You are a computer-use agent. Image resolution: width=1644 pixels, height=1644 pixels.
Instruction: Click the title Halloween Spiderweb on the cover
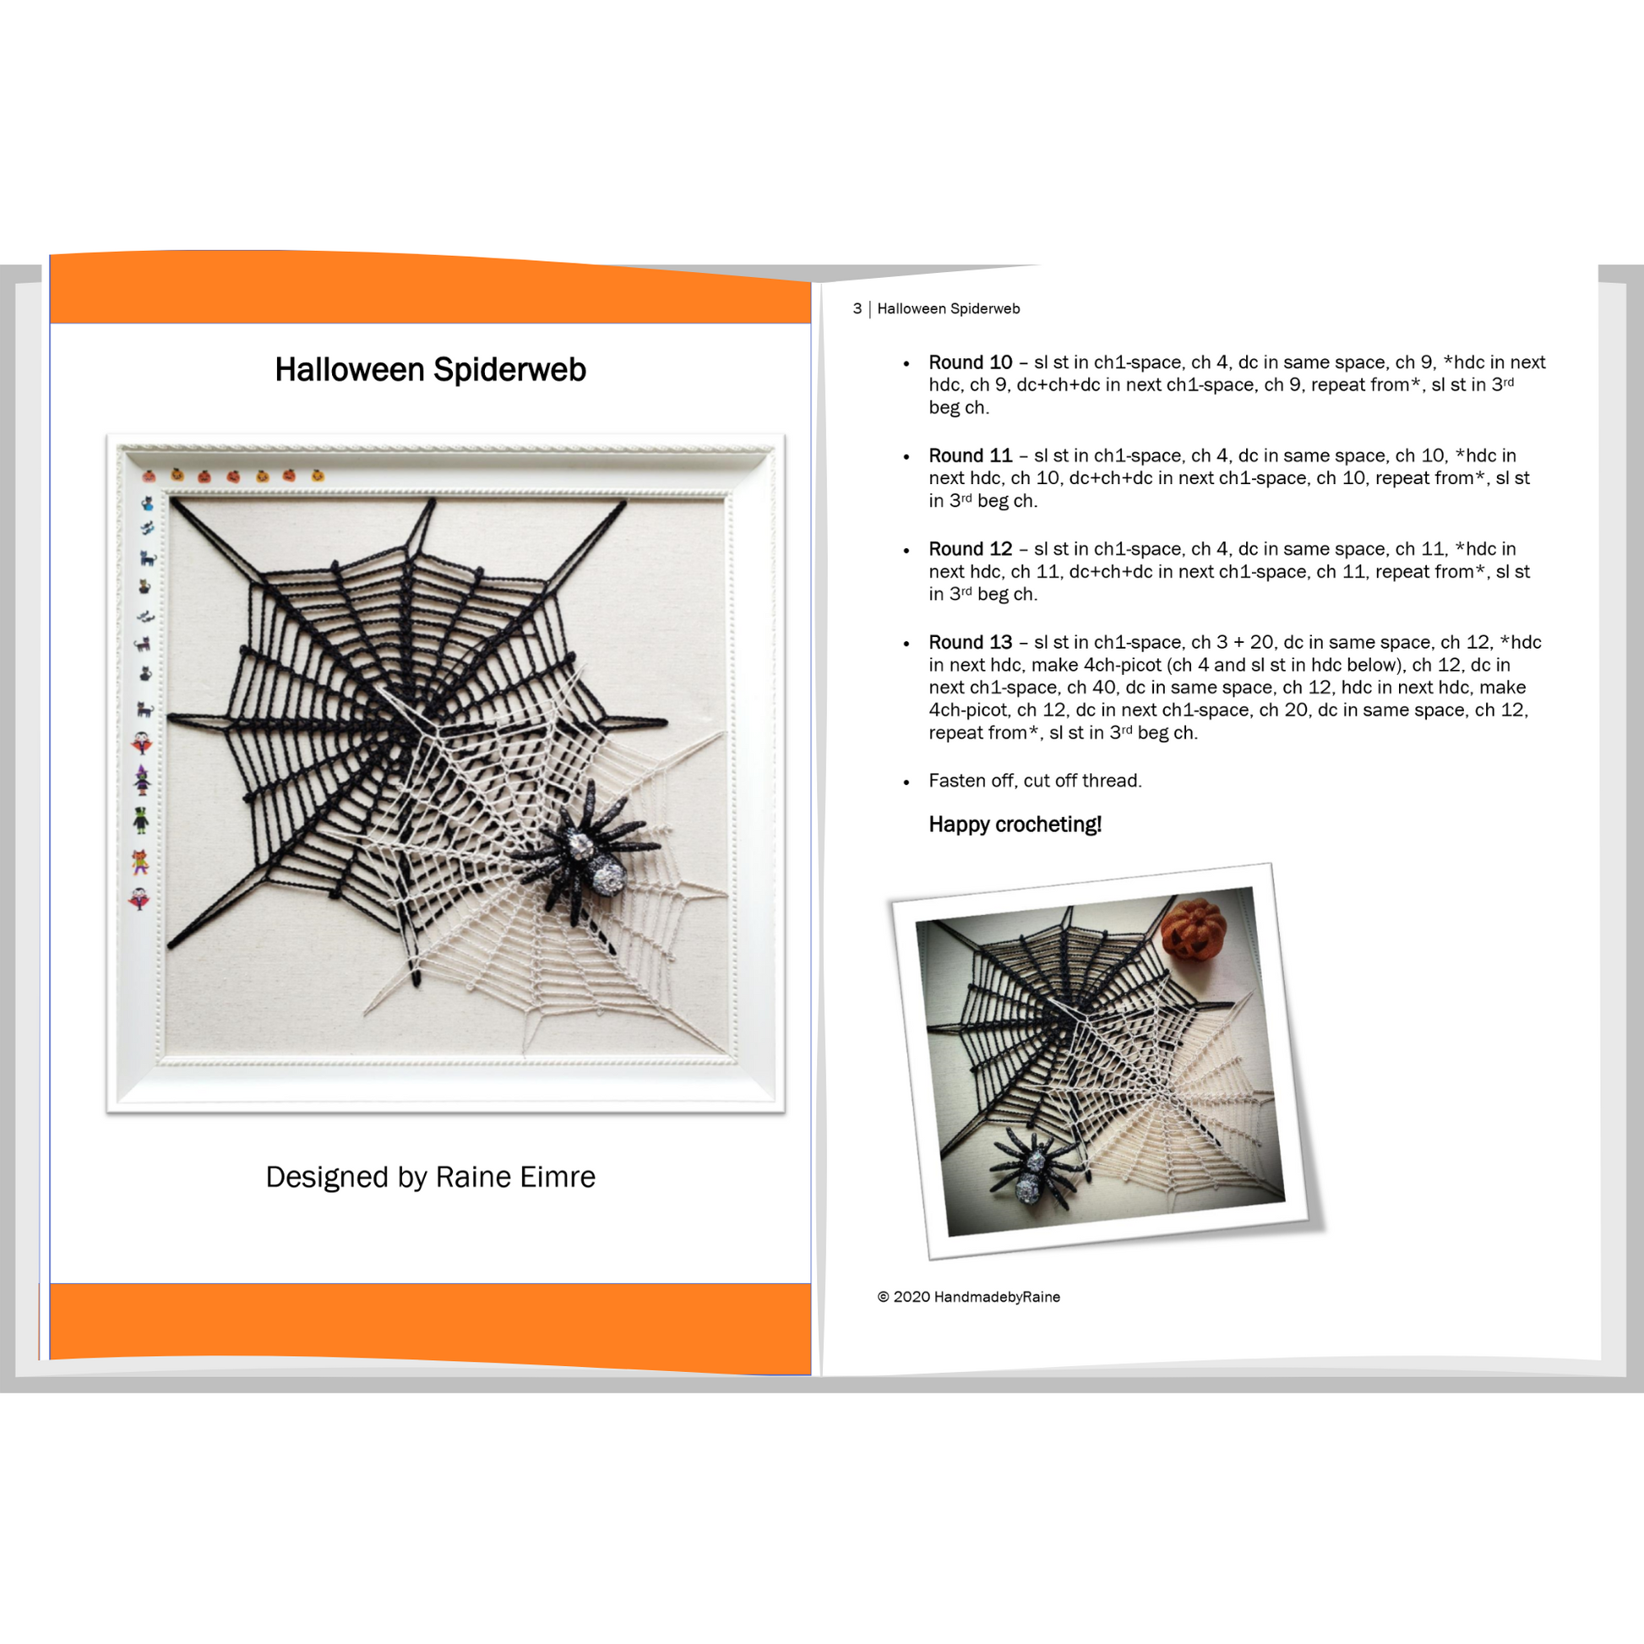click(x=431, y=370)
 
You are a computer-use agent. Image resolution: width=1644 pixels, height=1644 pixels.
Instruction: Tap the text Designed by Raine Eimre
click(x=431, y=1177)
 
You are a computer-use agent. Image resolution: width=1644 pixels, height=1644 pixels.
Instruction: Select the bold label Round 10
click(x=970, y=362)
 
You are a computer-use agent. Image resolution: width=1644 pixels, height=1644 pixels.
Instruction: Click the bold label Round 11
click(x=970, y=456)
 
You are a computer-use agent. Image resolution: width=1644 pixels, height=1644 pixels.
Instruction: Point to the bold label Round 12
click(x=970, y=550)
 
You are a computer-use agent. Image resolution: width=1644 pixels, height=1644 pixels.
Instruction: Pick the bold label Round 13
click(x=970, y=642)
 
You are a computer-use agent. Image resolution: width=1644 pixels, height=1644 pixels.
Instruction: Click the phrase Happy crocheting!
click(x=1015, y=825)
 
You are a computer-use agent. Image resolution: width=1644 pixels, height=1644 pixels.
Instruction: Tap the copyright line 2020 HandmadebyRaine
click(x=968, y=1297)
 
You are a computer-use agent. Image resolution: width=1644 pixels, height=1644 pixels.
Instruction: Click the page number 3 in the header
click(x=857, y=309)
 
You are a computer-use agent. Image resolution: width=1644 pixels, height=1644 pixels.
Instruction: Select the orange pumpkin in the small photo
click(x=1193, y=930)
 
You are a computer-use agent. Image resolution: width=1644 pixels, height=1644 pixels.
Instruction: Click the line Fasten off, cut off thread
click(x=1035, y=781)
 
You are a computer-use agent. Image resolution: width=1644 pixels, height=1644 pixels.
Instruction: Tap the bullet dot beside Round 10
click(x=906, y=364)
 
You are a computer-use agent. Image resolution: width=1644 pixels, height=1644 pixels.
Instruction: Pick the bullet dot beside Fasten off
click(x=906, y=783)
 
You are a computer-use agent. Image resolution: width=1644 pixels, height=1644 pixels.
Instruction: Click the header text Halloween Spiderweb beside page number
click(x=948, y=309)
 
